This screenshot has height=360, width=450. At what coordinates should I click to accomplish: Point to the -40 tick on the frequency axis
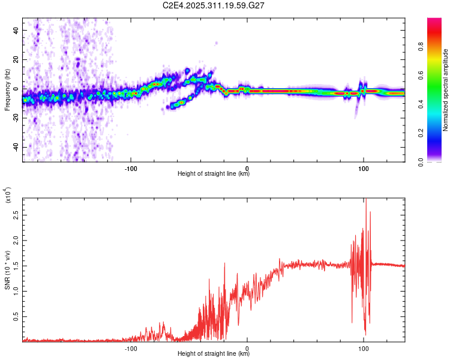click(14, 147)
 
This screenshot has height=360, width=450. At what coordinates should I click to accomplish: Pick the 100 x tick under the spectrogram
click(363, 167)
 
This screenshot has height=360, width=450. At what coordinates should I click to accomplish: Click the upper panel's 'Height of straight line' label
click(214, 174)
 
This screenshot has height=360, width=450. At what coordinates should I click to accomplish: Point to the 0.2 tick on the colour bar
click(439, 133)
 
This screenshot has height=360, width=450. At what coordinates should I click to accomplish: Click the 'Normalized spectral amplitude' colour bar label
click(446, 90)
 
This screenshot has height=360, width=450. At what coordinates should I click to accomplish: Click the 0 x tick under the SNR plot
click(248, 347)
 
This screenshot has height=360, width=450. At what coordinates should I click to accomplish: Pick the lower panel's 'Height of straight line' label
click(214, 354)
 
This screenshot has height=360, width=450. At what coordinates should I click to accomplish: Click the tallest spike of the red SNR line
click(365, 200)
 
